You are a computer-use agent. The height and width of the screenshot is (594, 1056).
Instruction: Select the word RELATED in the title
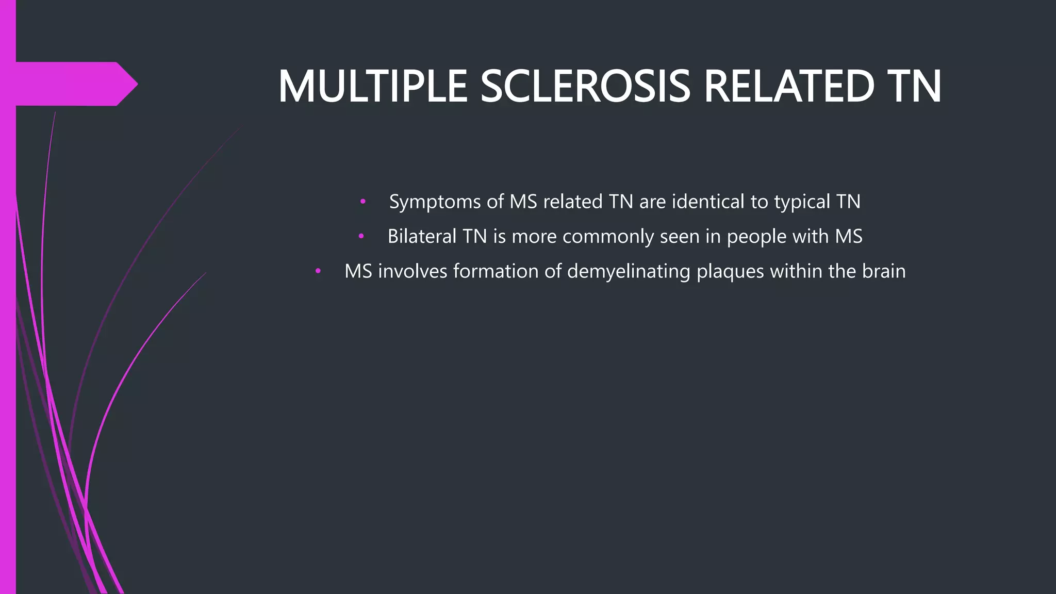(788, 87)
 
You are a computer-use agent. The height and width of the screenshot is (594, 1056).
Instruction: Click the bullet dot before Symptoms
(363, 202)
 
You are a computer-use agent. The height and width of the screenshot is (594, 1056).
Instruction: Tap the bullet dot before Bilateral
(361, 237)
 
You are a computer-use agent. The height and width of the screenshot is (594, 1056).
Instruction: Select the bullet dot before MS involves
(318, 271)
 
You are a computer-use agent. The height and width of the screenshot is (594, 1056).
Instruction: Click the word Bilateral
(422, 236)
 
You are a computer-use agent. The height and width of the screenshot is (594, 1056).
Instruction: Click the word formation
(496, 271)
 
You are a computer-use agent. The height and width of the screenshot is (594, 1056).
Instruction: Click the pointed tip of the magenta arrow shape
(136, 84)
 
